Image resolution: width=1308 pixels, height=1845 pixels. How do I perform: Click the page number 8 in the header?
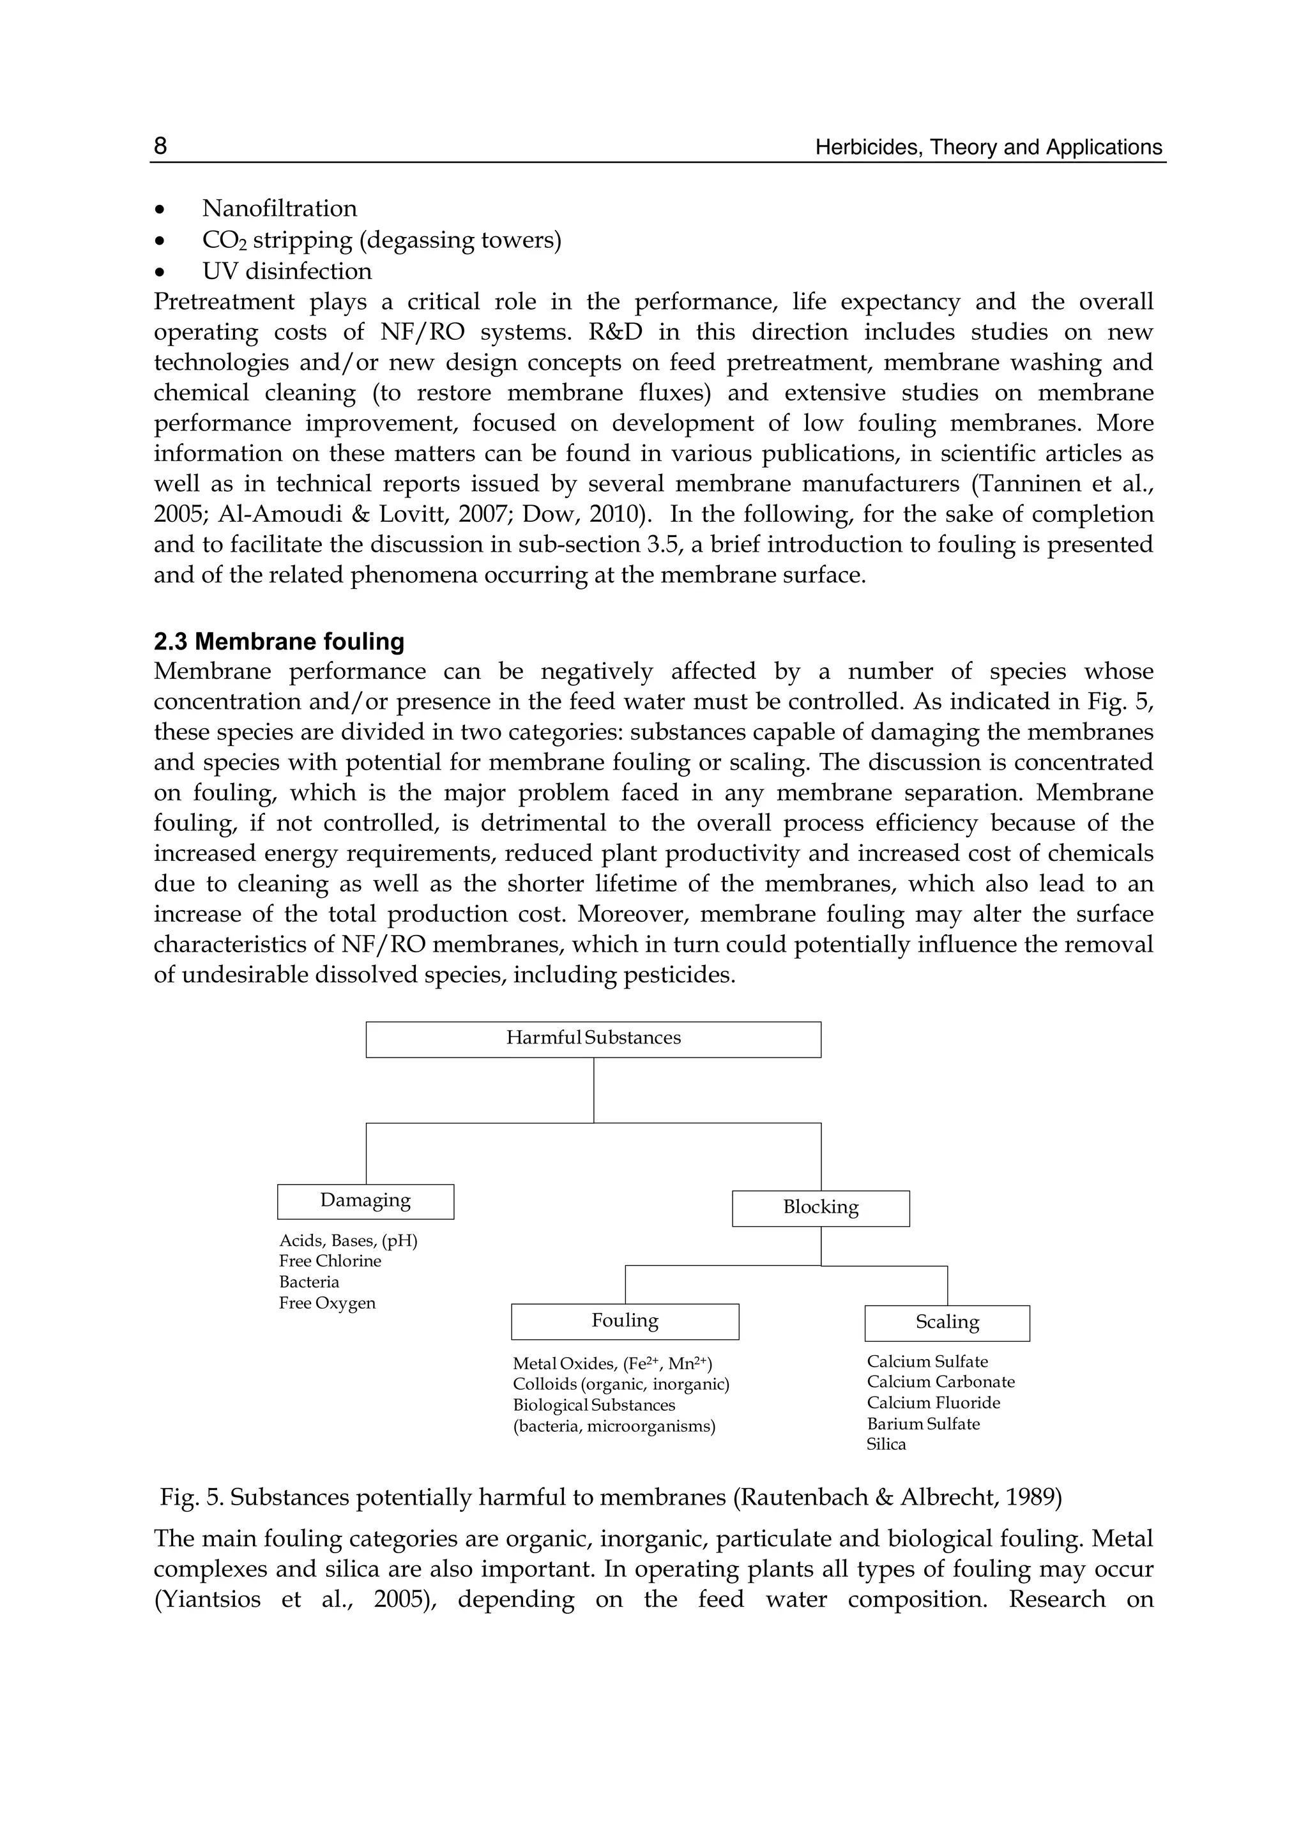tap(160, 146)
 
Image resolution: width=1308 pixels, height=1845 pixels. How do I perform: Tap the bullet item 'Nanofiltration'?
tap(278, 209)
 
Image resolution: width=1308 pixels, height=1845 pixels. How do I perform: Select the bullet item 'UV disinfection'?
tap(287, 271)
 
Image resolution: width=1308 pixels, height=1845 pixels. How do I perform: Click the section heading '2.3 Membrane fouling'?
tap(278, 642)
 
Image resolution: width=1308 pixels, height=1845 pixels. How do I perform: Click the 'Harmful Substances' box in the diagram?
tap(593, 1039)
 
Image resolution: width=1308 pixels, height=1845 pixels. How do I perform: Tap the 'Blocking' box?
tap(820, 1207)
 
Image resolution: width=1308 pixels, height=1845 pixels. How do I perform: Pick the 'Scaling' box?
tap(947, 1323)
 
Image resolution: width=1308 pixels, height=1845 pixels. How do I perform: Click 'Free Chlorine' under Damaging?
tap(330, 1261)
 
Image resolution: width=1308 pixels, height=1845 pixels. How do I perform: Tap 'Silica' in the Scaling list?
tap(886, 1444)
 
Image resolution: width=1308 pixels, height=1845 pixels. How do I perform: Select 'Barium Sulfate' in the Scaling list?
tap(923, 1424)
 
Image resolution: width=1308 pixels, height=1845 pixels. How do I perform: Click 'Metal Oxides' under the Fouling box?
tap(564, 1364)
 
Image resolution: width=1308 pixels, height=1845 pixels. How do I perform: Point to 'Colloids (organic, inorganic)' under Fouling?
tap(620, 1385)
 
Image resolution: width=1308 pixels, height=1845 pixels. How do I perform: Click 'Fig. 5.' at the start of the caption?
tap(191, 1498)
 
